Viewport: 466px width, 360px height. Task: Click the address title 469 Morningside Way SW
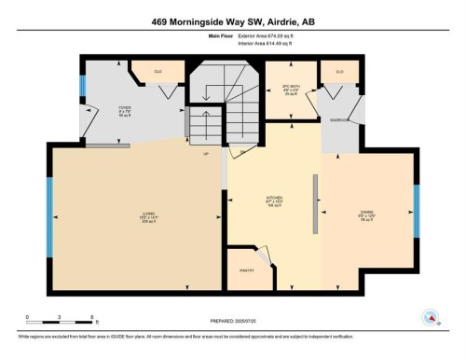pyautogui.click(x=232, y=21)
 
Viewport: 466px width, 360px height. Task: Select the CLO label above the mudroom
pyautogui.click(x=339, y=72)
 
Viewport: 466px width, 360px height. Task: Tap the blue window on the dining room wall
pyautogui.click(x=416, y=211)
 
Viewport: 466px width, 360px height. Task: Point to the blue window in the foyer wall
pyautogui.click(x=82, y=88)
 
